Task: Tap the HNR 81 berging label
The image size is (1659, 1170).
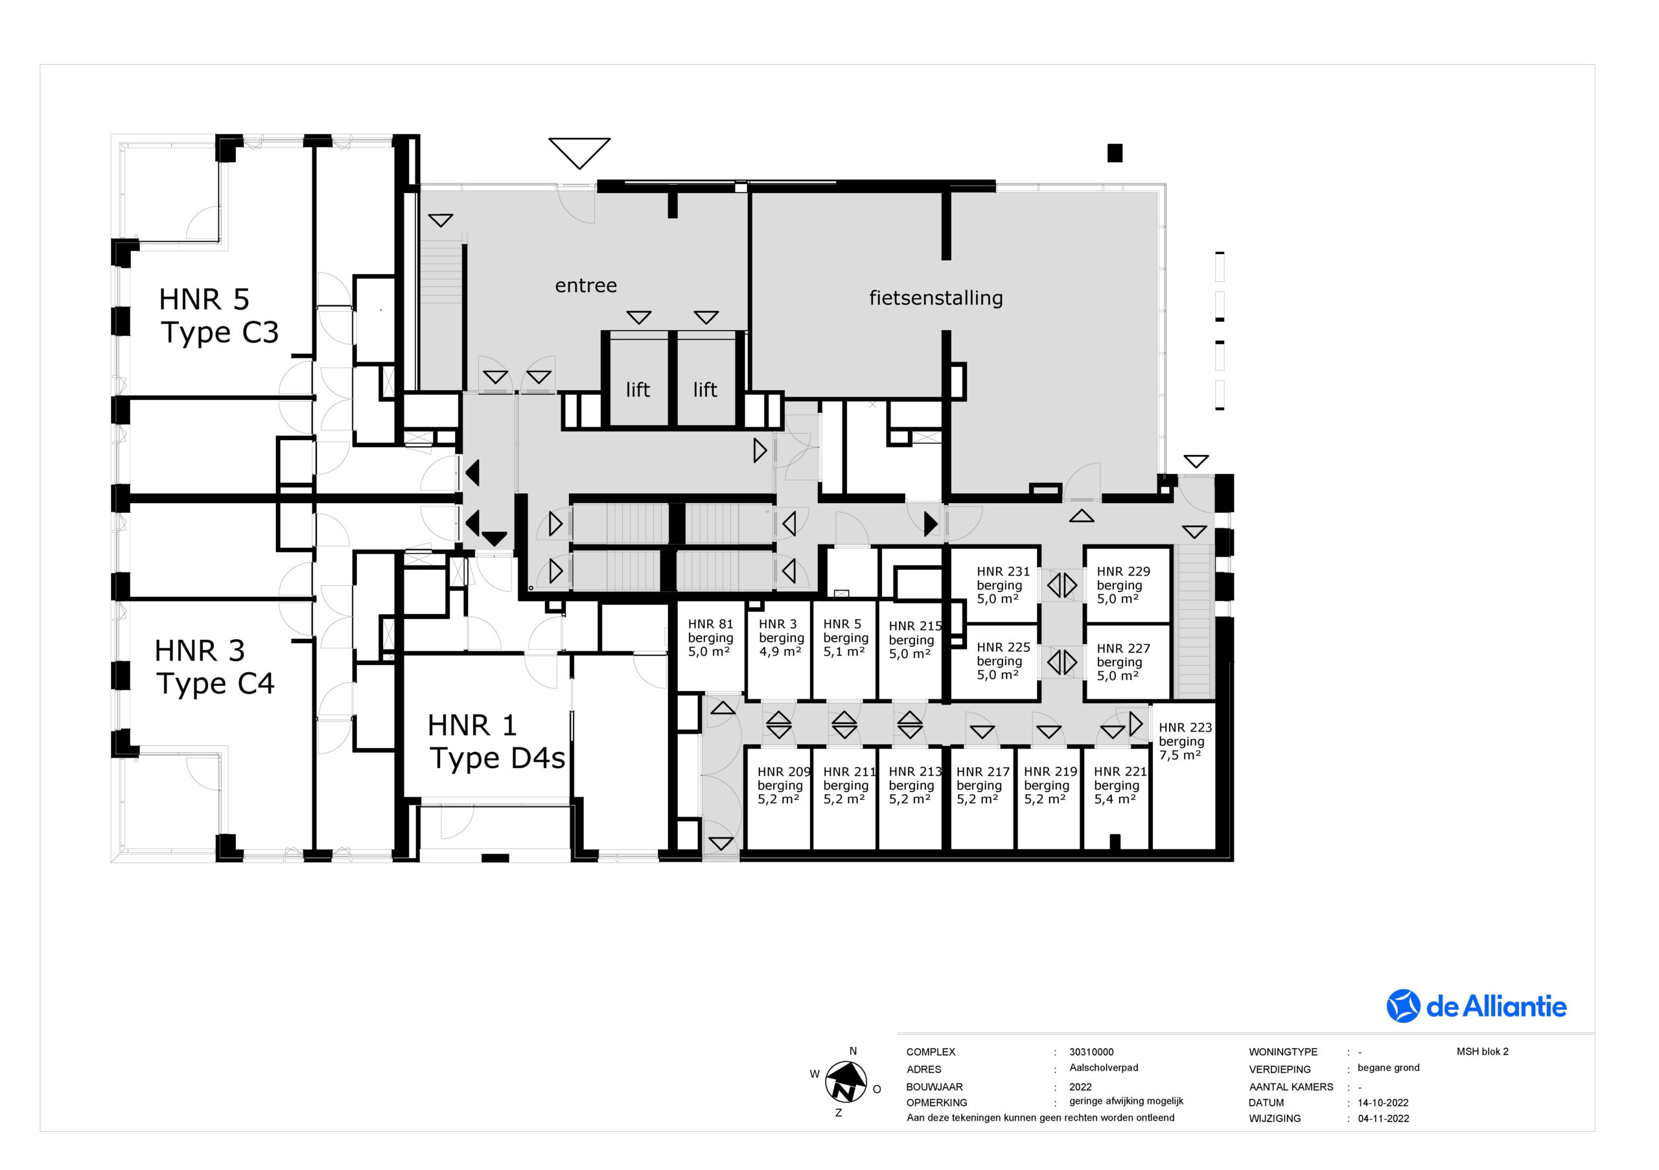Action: click(x=710, y=637)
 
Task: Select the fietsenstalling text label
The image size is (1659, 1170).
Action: click(x=936, y=298)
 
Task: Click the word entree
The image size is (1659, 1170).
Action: click(x=586, y=285)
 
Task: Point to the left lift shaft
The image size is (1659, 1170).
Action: click(x=639, y=379)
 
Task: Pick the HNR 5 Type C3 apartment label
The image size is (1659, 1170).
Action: click(x=219, y=316)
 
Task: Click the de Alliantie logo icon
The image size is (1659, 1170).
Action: click(x=1403, y=1006)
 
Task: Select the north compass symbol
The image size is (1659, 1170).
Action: click(x=846, y=1082)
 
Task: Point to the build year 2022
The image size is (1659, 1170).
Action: click(x=1080, y=1087)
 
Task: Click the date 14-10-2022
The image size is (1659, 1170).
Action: click(x=1383, y=1103)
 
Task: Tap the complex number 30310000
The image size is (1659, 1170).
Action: click(x=1091, y=1051)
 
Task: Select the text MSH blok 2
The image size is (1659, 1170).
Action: click(x=1482, y=1051)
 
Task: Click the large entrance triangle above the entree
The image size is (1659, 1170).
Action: click(x=579, y=152)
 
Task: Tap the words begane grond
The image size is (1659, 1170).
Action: click(x=1388, y=1068)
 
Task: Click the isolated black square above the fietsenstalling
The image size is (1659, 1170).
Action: click(x=1115, y=153)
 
